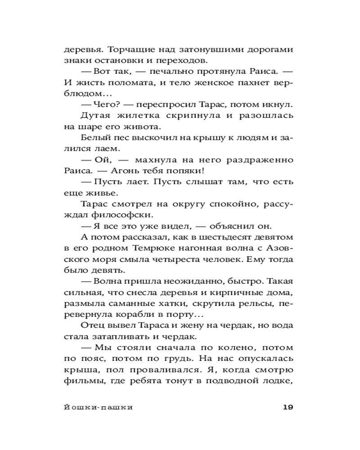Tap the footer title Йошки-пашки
(99, 408)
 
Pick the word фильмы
(81, 381)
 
